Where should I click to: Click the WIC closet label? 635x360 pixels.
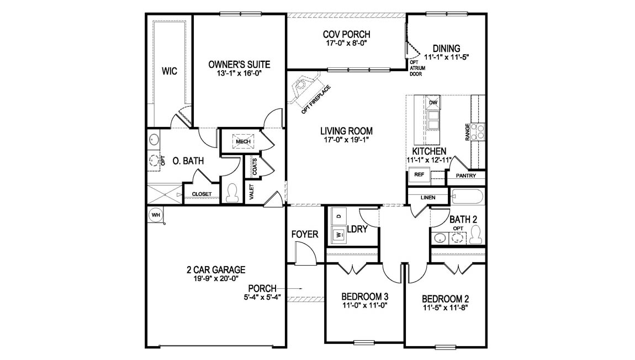click(x=170, y=71)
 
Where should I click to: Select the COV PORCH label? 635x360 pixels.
click(x=346, y=35)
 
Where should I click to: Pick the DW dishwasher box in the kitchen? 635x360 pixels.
click(x=433, y=103)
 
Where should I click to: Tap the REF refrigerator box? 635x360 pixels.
click(x=418, y=174)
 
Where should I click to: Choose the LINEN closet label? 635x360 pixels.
click(x=428, y=197)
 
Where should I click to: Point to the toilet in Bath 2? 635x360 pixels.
click(x=477, y=235)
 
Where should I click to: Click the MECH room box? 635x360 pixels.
click(x=243, y=142)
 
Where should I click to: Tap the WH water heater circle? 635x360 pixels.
click(x=155, y=214)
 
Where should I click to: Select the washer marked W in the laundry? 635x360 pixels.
click(x=337, y=235)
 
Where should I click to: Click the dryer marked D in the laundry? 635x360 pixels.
click(x=337, y=215)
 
